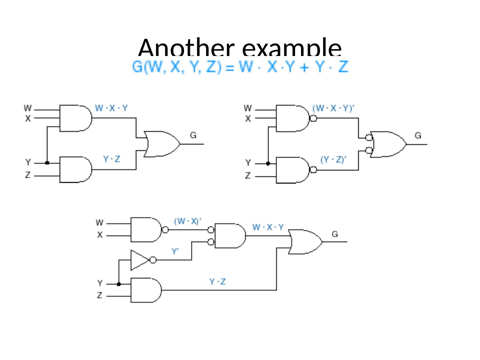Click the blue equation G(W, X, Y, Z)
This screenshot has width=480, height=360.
pos(240,67)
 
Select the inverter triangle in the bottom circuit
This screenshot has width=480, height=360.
pos(139,260)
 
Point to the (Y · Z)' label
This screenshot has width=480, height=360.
pos(333,160)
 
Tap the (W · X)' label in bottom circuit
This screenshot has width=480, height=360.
pos(188,221)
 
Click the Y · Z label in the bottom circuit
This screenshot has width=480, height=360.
pos(217,282)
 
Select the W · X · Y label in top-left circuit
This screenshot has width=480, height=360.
pos(111,108)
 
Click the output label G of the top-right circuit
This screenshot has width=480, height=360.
pos(418,135)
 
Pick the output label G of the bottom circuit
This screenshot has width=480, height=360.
pos(335,234)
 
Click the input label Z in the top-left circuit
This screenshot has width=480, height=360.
pos(28,175)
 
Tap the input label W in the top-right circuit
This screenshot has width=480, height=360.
pos(248,108)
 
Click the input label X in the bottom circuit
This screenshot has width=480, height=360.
pos(100,235)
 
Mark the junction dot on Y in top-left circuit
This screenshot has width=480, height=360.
pos(47,163)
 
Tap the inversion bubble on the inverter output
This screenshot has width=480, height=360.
pos(153,260)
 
